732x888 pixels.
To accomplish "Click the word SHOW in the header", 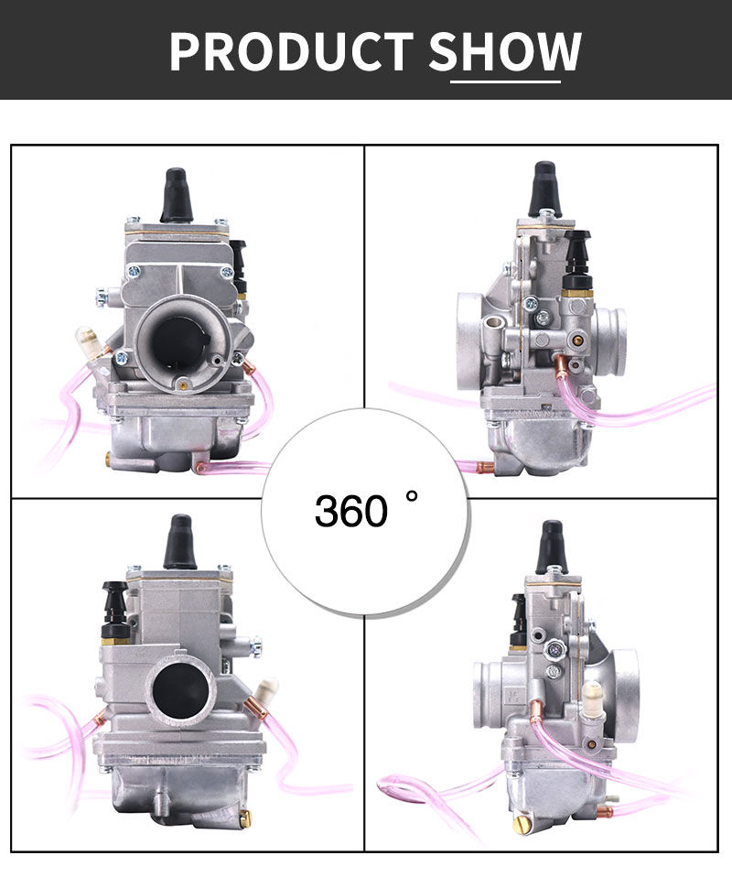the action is (505, 51).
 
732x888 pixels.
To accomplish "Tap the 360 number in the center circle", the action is (351, 511).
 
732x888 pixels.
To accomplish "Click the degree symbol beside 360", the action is (412, 497).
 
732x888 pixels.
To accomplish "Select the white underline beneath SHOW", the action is (506, 81).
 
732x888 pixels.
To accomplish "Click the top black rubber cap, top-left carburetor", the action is (176, 194).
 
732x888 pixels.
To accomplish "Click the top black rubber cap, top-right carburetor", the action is (544, 188).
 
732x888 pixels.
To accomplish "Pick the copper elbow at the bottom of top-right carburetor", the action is (485, 468).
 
